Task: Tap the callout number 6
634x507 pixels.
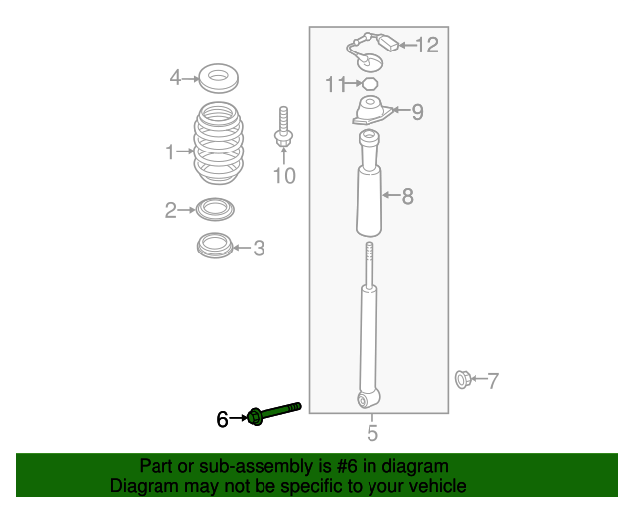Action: (223, 420)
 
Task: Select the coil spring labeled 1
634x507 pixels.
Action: (215, 146)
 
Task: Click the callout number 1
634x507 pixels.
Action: (170, 152)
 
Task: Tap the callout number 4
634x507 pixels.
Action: (175, 77)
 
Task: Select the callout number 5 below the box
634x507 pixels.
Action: (371, 432)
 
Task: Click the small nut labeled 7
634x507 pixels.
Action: (462, 378)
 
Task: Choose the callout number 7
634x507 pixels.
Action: (492, 379)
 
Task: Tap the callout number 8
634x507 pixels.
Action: (407, 196)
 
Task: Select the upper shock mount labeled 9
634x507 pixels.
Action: (370, 112)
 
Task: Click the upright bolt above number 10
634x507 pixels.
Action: (283, 133)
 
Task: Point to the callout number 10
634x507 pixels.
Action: (284, 176)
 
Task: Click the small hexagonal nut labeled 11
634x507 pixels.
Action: (370, 83)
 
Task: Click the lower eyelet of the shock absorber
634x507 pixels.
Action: (367, 399)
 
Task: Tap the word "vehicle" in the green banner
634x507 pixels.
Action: (432, 486)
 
